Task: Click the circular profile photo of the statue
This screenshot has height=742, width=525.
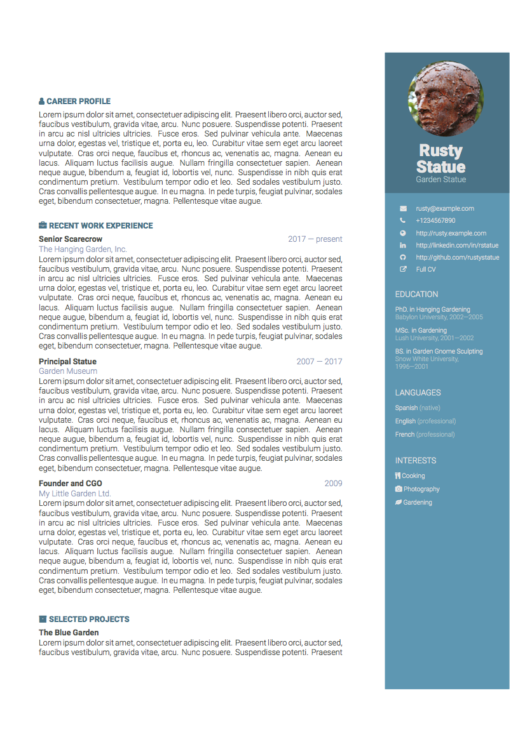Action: coord(446,98)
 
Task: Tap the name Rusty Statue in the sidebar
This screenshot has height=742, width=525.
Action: coord(440,159)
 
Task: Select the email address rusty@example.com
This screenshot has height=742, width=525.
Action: coord(445,209)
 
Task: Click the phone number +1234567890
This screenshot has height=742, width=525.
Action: coord(435,221)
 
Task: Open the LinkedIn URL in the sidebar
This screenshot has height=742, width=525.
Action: coord(457,246)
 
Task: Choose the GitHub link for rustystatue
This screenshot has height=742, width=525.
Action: coord(457,258)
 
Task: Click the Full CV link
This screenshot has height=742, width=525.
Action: coord(426,270)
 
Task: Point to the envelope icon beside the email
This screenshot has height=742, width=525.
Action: coord(403,209)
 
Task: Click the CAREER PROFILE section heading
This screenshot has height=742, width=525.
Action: coord(78,102)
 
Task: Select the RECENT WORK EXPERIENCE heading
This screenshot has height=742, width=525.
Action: coord(100,226)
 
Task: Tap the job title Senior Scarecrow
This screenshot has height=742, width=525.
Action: coord(71,239)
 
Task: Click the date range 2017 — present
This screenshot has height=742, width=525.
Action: coord(315,239)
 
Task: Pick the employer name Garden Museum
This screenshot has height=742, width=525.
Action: coord(68,371)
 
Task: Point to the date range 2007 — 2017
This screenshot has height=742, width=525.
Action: coord(319,362)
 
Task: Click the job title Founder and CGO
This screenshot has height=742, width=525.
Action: coord(71,484)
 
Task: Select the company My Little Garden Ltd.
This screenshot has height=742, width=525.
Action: coord(75,494)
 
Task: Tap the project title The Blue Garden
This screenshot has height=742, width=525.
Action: coord(69,633)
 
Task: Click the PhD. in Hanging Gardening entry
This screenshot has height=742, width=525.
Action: coord(432,310)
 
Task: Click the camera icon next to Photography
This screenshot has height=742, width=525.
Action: coord(399,489)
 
